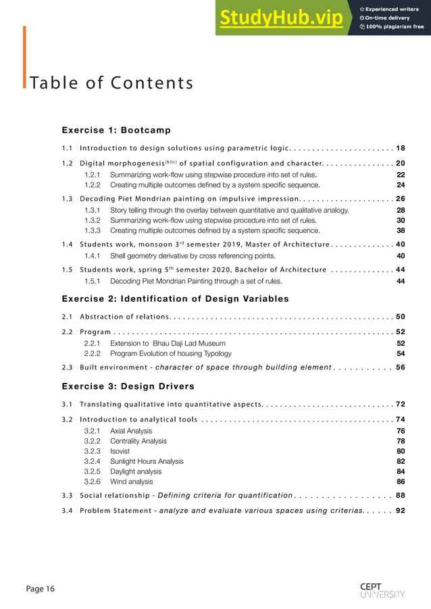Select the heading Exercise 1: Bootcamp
116,130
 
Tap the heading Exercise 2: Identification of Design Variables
175,298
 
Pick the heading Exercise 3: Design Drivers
128,386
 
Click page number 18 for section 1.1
400,148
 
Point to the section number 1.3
67,198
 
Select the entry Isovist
120,451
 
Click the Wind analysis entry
131,482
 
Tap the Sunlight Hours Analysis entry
147,461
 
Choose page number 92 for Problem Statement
400,510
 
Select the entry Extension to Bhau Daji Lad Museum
168,343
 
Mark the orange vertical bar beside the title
24,57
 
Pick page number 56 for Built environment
400,367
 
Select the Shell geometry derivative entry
193,256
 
